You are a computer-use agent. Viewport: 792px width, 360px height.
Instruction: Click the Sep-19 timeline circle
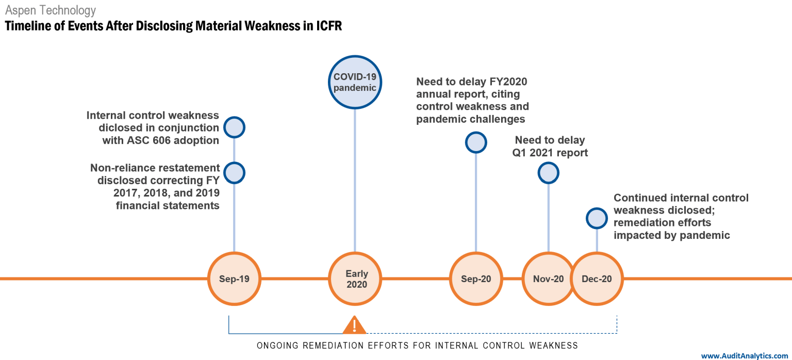[x=234, y=279]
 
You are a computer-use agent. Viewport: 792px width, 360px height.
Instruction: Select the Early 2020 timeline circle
[x=355, y=279]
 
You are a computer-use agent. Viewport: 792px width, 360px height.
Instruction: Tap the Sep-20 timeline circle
[x=475, y=279]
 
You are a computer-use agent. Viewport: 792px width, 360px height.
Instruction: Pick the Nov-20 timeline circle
[x=548, y=279]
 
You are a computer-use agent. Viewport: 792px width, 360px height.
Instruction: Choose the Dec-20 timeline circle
[x=597, y=279]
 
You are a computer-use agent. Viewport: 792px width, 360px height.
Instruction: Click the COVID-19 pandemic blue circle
[x=355, y=82]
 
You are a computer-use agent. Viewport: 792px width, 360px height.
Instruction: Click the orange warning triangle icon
[x=355, y=325]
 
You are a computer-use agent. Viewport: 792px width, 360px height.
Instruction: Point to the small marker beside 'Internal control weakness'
[x=234, y=127]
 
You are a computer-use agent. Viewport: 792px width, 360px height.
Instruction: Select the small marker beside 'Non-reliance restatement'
[x=234, y=173]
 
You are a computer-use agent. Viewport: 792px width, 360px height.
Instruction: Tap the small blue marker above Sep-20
[x=475, y=142]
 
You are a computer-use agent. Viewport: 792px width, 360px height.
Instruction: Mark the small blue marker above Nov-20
[x=548, y=173]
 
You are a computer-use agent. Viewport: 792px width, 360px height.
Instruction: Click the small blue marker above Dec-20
[x=597, y=218]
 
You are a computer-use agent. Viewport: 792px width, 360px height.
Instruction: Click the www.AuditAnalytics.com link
[x=745, y=355]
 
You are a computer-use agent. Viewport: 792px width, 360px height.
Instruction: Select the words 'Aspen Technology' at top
[x=51, y=10]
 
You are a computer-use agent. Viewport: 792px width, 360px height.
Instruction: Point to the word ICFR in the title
[x=328, y=26]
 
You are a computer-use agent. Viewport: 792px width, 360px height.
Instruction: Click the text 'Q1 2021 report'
[x=550, y=153]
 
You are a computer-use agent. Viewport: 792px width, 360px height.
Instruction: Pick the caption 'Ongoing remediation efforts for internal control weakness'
[x=417, y=345]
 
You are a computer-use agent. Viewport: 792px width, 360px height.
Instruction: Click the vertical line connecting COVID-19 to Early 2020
[x=355, y=181]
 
